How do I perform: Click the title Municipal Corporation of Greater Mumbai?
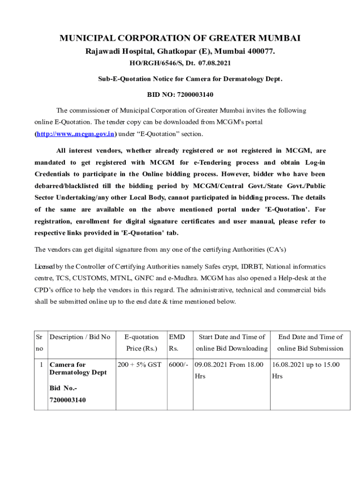[x=180, y=38]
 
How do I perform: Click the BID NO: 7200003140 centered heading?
[x=180, y=95]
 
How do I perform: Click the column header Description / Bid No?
[x=80, y=337]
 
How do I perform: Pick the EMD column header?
[x=177, y=337]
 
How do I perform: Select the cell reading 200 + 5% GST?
[x=139, y=364]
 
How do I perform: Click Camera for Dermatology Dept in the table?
[x=78, y=368]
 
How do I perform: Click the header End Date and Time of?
[x=310, y=337]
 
